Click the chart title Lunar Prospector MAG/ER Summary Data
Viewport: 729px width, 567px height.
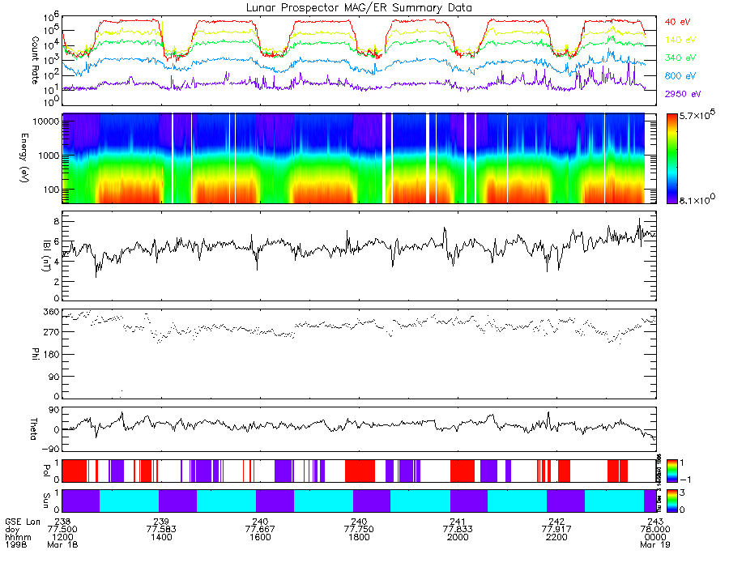(360, 7)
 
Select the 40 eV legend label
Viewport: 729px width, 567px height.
(680, 21)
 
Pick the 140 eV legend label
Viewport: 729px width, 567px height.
(681, 39)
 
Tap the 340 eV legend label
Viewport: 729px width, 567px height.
(681, 58)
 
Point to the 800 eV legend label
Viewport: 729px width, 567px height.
(681, 75)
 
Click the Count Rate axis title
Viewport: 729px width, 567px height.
(35, 53)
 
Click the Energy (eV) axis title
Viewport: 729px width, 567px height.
(35, 158)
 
